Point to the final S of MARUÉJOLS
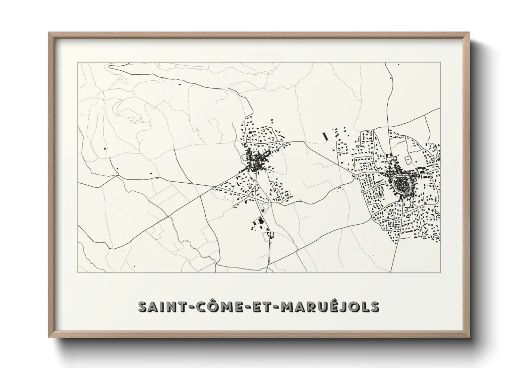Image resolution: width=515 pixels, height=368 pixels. [x=375, y=307]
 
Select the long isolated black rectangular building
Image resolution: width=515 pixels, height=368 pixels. [x=325, y=136]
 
